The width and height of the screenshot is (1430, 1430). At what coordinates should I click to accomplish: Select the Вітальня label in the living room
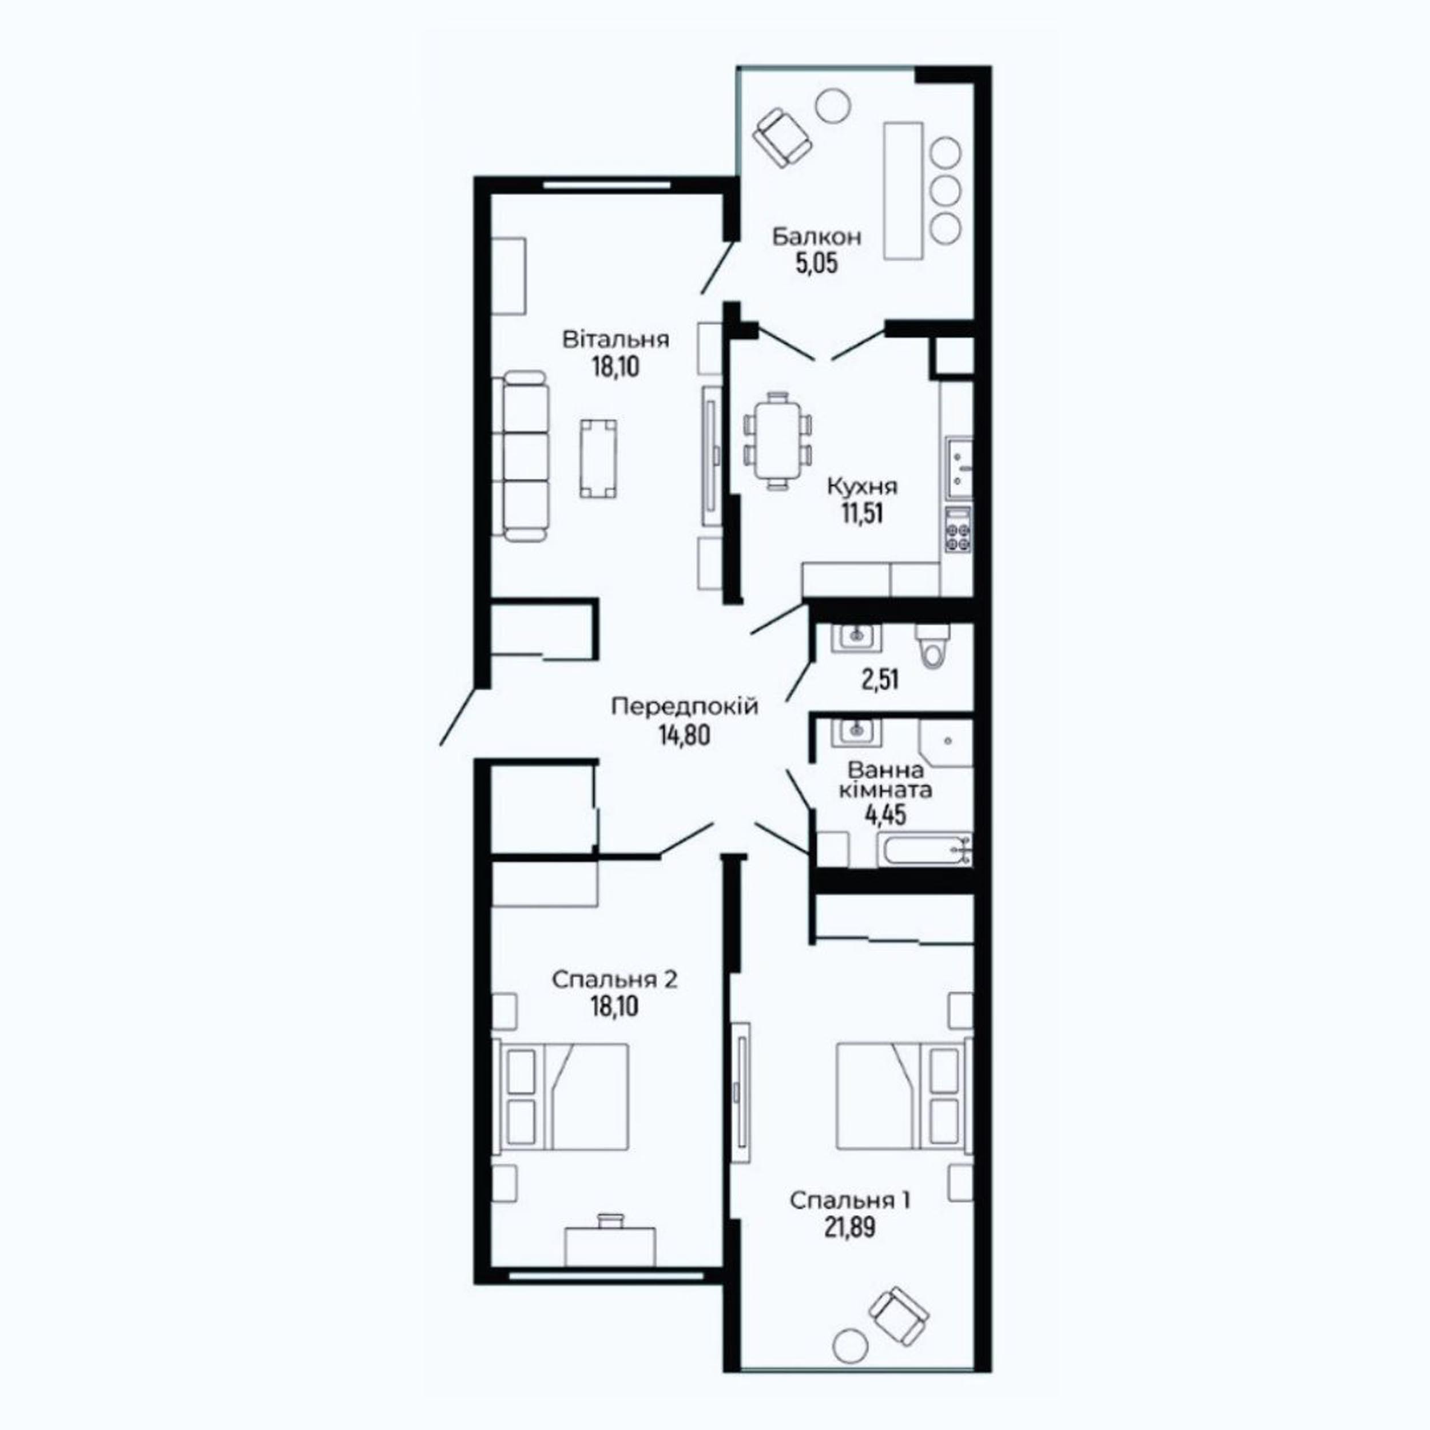point(616,340)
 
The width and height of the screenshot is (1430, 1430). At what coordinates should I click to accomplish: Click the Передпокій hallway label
point(685,707)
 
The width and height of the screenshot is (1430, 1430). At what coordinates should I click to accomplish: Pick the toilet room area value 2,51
point(880,679)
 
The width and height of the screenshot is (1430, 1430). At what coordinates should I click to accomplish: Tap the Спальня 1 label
point(850,1201)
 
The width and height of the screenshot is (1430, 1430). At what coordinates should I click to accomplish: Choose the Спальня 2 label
point(614,980)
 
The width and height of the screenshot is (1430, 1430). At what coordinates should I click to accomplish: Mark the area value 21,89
point(850,1227)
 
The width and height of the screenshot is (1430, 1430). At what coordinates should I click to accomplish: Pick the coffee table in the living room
point(599,458)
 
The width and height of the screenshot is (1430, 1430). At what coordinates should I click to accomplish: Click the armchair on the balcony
point(781,138)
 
